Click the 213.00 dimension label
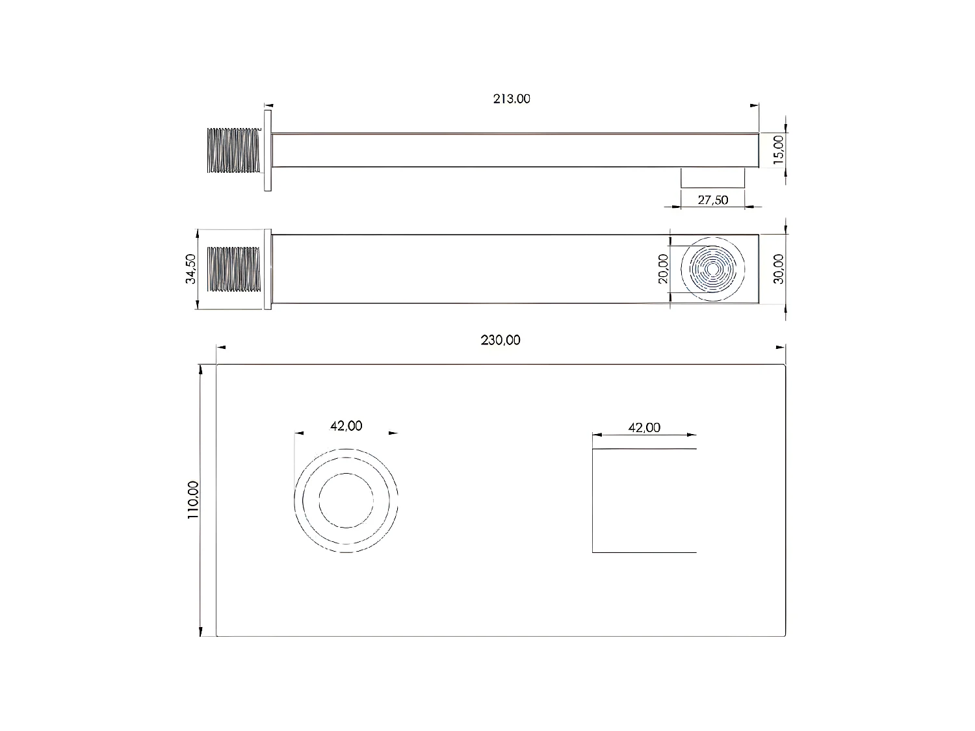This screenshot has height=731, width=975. [512, 99]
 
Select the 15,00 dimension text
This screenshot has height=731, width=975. [778, 150]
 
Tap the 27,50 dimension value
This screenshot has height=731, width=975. [712, 200]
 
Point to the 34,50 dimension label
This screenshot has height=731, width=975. [190, 269]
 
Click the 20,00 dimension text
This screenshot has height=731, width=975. [663, 268]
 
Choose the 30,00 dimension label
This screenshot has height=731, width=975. [778, 269]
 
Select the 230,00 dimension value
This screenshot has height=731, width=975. [500, 340]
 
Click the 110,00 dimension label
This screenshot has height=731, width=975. [193, 500]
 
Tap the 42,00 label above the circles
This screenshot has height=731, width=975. [346, 426]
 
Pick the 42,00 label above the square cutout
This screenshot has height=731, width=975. [644, 428]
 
